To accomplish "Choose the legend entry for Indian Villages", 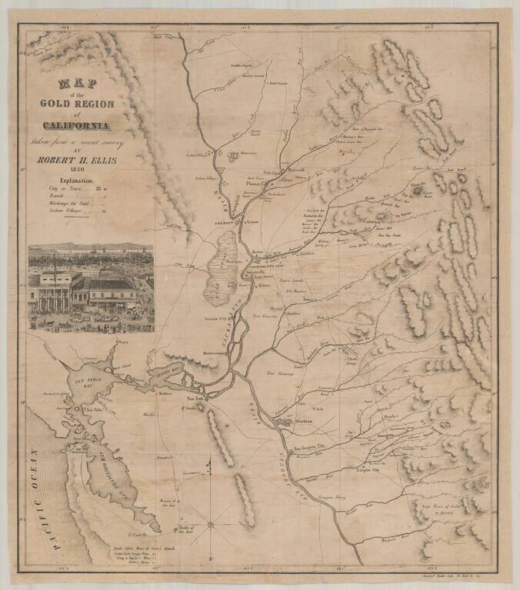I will pos(67,209).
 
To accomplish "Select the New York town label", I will pos(196,399).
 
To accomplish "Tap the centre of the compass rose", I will pos(211,525).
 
